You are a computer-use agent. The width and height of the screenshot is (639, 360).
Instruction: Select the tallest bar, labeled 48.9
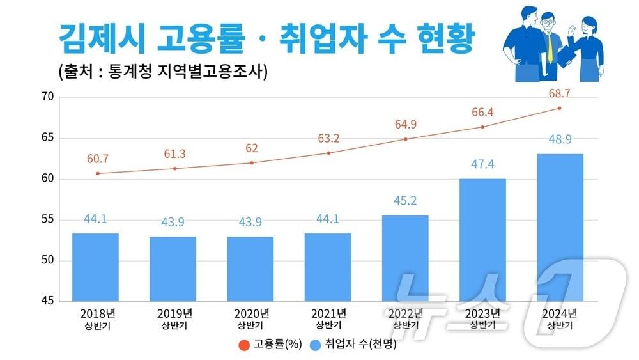(560, 227)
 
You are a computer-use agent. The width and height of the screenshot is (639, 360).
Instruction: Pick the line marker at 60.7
(97, 173)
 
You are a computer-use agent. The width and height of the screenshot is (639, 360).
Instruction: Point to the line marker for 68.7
(560, 108)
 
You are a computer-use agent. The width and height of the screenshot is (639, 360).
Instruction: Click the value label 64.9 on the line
(405, 123)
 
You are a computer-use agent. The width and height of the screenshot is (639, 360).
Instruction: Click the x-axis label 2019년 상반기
(174, 318)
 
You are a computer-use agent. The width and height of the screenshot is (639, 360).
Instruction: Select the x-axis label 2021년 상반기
(328, 318)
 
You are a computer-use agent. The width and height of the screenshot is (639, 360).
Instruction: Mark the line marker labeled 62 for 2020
(251, 162)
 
